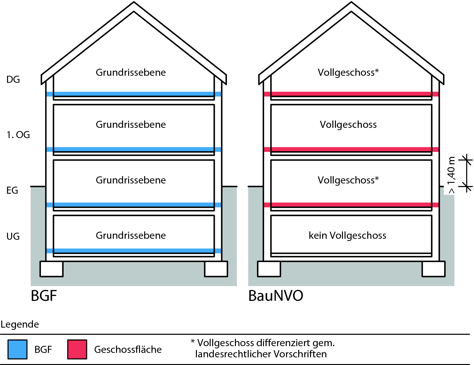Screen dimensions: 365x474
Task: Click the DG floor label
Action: click(13, 79)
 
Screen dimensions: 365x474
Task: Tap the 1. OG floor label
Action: click(18, 135)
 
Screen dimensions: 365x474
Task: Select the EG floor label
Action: click(12, 190)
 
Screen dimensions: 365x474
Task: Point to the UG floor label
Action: click(13, 237)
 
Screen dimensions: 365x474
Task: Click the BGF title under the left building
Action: click(44, 296)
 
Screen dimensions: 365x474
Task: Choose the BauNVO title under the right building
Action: click(276, 296)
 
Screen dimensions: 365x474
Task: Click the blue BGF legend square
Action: click(18, 349)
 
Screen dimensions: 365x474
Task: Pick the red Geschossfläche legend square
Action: click(77, 349)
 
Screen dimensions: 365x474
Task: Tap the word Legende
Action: click(20, 324)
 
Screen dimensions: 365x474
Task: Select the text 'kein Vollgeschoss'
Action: click(347, 236)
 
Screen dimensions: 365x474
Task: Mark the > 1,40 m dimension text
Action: click(451, 175)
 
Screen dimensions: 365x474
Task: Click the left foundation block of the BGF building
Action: click(51, 269)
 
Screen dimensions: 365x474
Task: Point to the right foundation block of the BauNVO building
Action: click(433, 269)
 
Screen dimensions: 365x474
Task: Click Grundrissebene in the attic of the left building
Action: click(131, 73)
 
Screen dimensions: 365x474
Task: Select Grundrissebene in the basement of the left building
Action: click(131, 236)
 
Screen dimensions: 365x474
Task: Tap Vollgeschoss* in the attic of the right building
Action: click(348, 73)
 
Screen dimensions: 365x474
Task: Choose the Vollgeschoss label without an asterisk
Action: click(348, 125)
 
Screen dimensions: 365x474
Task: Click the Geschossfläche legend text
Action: click(128, 349)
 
